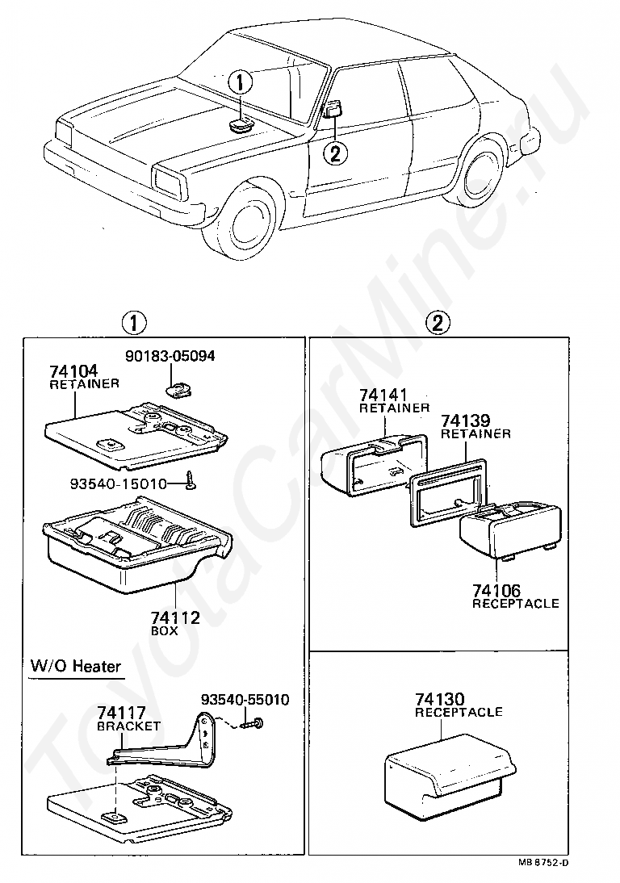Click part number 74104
(x=73, y=371)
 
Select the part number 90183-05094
(x=170, y=355)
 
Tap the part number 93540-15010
(x=118, y=484)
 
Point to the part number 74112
(x=175, y=618)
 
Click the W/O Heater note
(x=76, y=666)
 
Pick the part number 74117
(x=121, y=714)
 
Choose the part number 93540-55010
(x=245, y=699)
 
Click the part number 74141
(x=383, y=395)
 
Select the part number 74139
(x=464, y=421)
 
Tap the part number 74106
(x=497, y=592)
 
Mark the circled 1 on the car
(x=241, y=82)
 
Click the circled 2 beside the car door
(x=336, y=151)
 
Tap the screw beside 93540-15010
(x=190, y=481)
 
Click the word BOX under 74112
(x=165, y=631)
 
